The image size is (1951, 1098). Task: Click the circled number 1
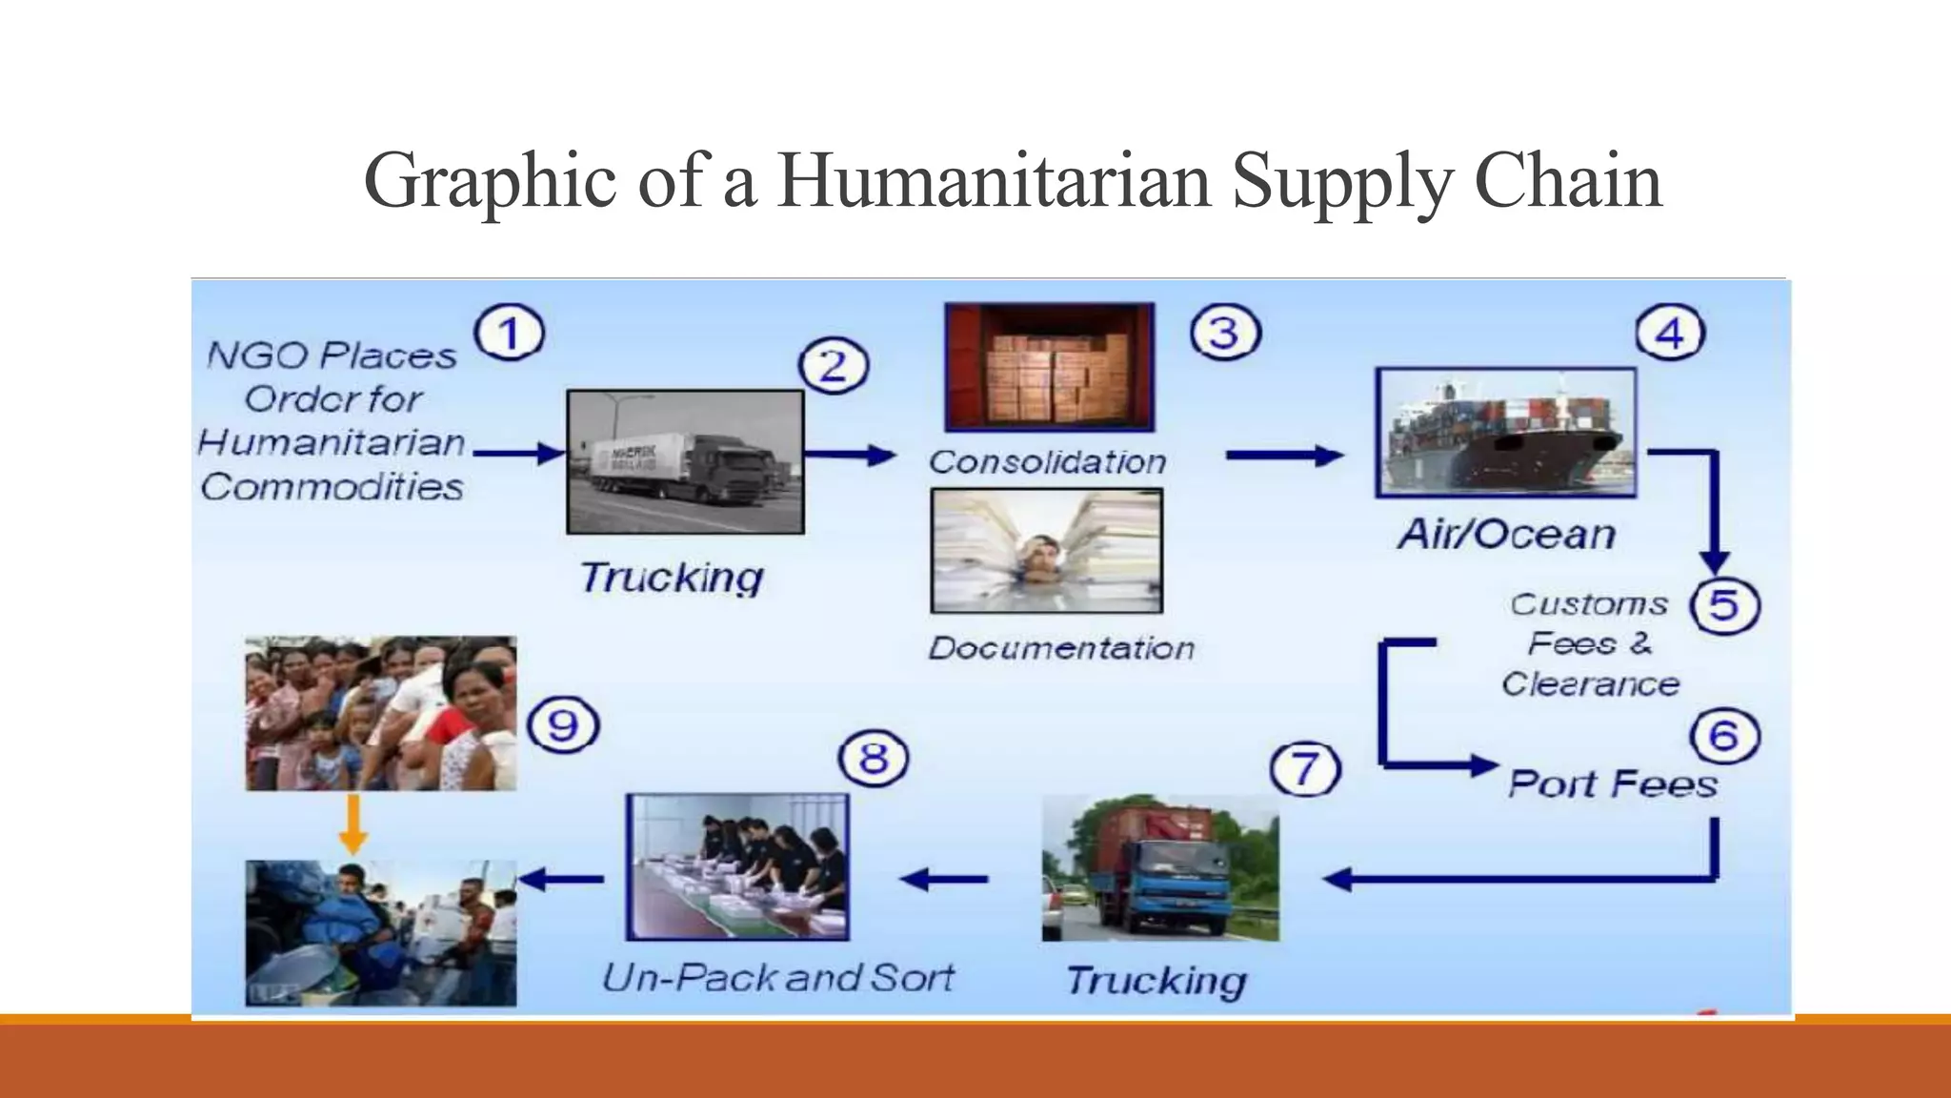(x=510, y=334)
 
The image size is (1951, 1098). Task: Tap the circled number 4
(x=1670, y=334)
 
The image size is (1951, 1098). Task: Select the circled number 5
(x=1724, y=605)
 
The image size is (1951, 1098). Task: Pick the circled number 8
(x=873, y=759)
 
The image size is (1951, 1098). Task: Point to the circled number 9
(x=563, y=725)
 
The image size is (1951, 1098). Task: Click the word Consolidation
(x=1048, y=462)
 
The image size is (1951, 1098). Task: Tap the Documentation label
(x=1061, y=648)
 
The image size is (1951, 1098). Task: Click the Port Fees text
(x=1613, y=784)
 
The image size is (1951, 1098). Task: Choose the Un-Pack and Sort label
(x=778, y=977)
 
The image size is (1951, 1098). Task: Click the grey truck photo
(x=685, y=461)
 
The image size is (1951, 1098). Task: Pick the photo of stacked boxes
(x=1049, y=367)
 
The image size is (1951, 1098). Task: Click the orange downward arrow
(x=353, y=824)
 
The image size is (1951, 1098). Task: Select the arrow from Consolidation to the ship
(x=1283, y=457)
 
